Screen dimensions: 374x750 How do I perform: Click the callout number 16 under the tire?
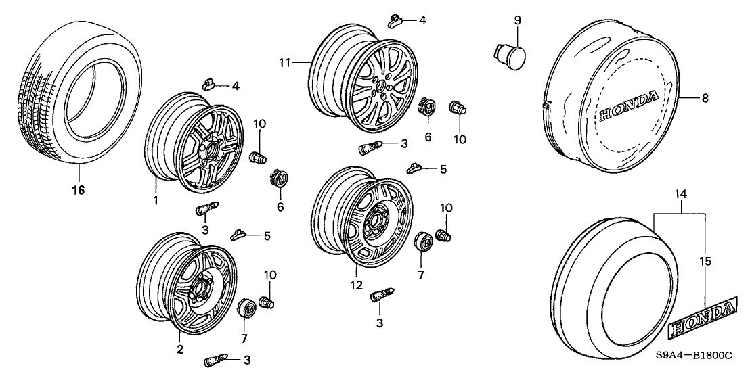(x=79, y=190)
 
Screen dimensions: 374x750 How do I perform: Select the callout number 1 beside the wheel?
(x=155, y=200)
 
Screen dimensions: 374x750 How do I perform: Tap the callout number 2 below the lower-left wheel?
(x=180, y=349)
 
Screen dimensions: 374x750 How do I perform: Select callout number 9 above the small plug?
(x=517, y=20)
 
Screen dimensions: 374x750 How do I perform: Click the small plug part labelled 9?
(x=507, y=53)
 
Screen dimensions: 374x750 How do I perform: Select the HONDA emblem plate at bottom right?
(x=702, y=318)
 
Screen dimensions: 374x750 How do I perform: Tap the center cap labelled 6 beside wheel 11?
(x=427, y=108)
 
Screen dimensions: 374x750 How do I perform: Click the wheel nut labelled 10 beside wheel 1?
(x=259, y=158)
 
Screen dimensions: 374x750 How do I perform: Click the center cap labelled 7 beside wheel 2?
(x=246, y=310)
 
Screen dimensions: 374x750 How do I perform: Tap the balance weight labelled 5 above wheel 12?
(x=415, y=168)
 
